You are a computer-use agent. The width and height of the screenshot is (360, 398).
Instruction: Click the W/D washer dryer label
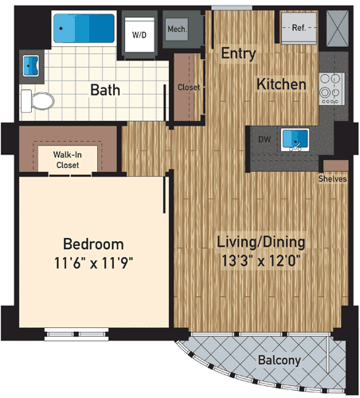pos(139,35)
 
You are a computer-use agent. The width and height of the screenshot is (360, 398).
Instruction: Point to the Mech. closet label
pos(176,31)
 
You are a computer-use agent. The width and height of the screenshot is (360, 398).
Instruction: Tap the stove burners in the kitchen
pos(328,89)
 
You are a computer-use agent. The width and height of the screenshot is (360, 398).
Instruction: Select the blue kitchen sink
pos(296,139)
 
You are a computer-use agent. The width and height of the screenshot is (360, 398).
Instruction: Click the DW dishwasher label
pos(264,139)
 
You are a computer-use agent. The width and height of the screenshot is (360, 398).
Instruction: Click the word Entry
pos(237,54)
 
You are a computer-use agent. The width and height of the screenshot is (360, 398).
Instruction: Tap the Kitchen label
pos(281,84)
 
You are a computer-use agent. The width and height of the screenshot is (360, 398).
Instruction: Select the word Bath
pos(104,89)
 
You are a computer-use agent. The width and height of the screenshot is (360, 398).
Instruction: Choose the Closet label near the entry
pos(189,87)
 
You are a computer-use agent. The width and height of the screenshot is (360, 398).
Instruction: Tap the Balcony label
pos(279,361)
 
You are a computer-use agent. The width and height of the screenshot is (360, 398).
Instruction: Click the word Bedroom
pos(93,244)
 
